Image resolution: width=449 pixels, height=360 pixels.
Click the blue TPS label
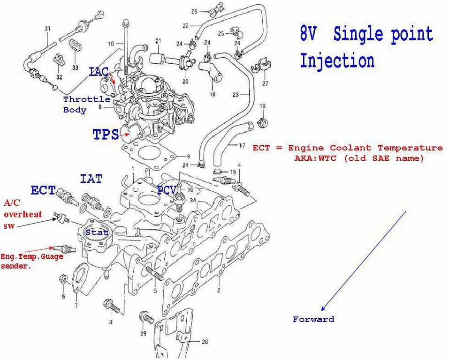point(106,135)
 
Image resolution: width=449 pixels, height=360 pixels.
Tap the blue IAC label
point(99,72)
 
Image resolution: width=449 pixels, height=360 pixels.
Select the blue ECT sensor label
point(43,190)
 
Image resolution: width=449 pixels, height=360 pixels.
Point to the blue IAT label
point(91,179)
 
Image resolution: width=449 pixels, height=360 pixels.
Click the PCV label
point(167,190)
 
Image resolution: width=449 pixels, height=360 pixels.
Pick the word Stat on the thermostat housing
point(97,232)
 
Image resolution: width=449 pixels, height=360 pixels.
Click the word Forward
point(313,319)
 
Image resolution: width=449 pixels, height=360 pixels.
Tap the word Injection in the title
point(337,61)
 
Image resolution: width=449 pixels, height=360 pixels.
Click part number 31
point(47,29)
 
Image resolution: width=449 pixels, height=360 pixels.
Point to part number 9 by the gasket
point(188,156)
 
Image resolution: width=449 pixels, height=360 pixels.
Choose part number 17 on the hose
point(242,146)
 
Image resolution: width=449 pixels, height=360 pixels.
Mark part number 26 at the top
point(195,10)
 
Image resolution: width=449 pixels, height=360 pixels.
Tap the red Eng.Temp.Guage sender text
point(31,261)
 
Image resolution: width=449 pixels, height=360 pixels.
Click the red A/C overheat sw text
point(23,214)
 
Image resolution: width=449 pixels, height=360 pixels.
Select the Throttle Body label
point(87,105)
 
